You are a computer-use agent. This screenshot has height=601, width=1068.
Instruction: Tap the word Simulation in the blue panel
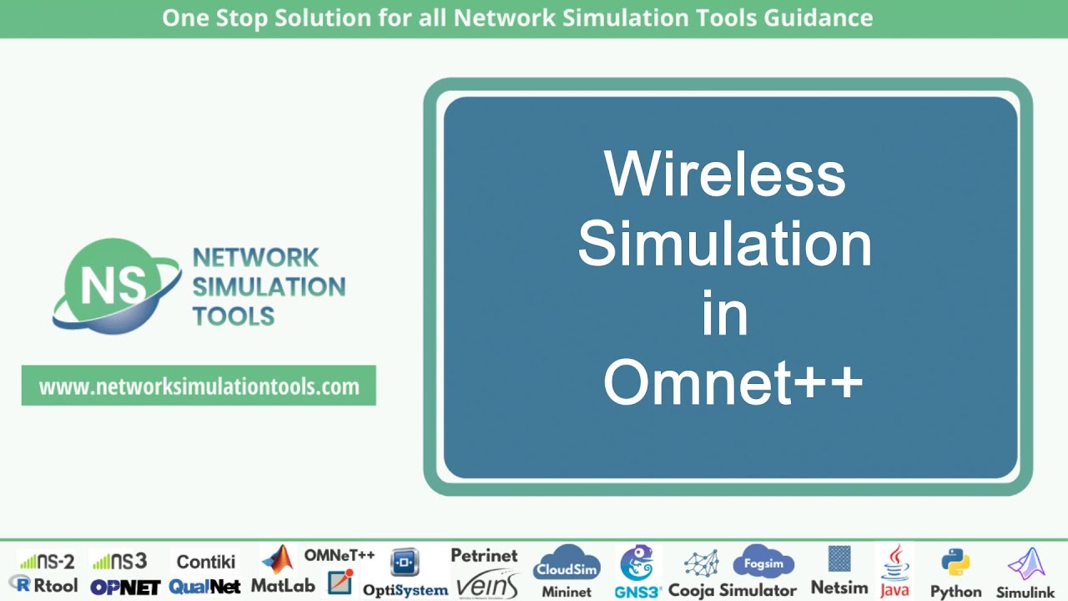pyautogui.click(x=724, y=244)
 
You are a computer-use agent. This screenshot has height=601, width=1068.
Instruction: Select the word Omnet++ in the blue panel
pyautogui.click(x=732, y=383)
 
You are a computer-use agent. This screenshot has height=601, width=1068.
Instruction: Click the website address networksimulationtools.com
pyautogui.click(x=199, y=386)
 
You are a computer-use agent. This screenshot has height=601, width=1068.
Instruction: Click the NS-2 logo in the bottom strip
pyautogui.click(x=48, y=561)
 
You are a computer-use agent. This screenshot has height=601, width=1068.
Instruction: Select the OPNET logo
pyautogui.click(x=125, y=587)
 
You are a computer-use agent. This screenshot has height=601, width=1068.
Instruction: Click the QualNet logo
pyautogui.click(x=204, y=587)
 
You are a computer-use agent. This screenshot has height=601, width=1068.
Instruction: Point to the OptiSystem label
pyautogui.click(x=405, y=590)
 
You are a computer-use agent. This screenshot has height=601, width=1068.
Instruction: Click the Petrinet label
pyautogui.click(x=484, y=555)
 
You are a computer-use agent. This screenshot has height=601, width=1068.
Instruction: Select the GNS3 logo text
pyautogui.click(x=637, y=591)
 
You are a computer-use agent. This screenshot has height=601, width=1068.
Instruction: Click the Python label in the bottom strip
pyautogui.click(x=955, y=591)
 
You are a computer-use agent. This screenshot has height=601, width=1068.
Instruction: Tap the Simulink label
pyautogui.click(x=1025, y=592)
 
